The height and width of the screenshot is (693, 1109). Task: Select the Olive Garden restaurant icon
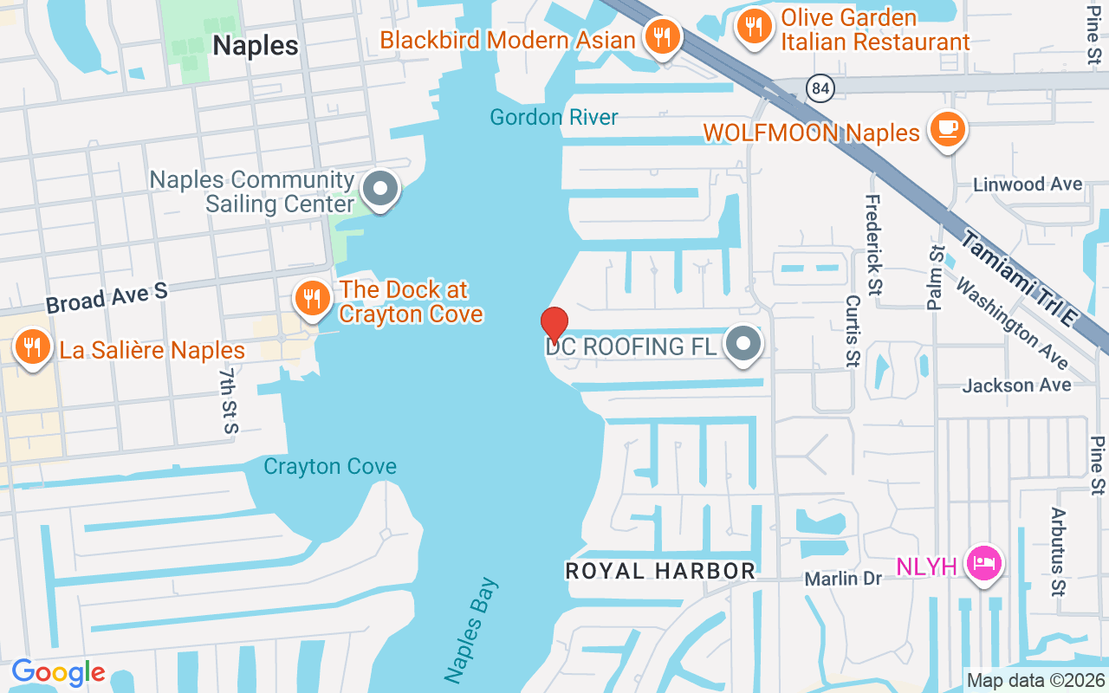point(755,26)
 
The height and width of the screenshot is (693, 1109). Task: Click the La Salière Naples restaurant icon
point(32,347)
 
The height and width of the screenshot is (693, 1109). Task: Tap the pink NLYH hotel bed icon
point(984,564)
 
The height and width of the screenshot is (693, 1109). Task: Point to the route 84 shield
point(818,87)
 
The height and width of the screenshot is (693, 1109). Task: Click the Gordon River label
point(554,117)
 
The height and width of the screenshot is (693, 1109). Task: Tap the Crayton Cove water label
point(330,466)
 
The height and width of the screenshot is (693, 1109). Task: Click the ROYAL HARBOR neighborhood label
point(660,571)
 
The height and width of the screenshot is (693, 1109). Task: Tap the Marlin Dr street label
point(842,578)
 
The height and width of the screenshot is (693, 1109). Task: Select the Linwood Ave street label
point(1028,185)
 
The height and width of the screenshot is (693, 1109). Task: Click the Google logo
point(58,672)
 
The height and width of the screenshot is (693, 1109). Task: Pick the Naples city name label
point(256,46)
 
